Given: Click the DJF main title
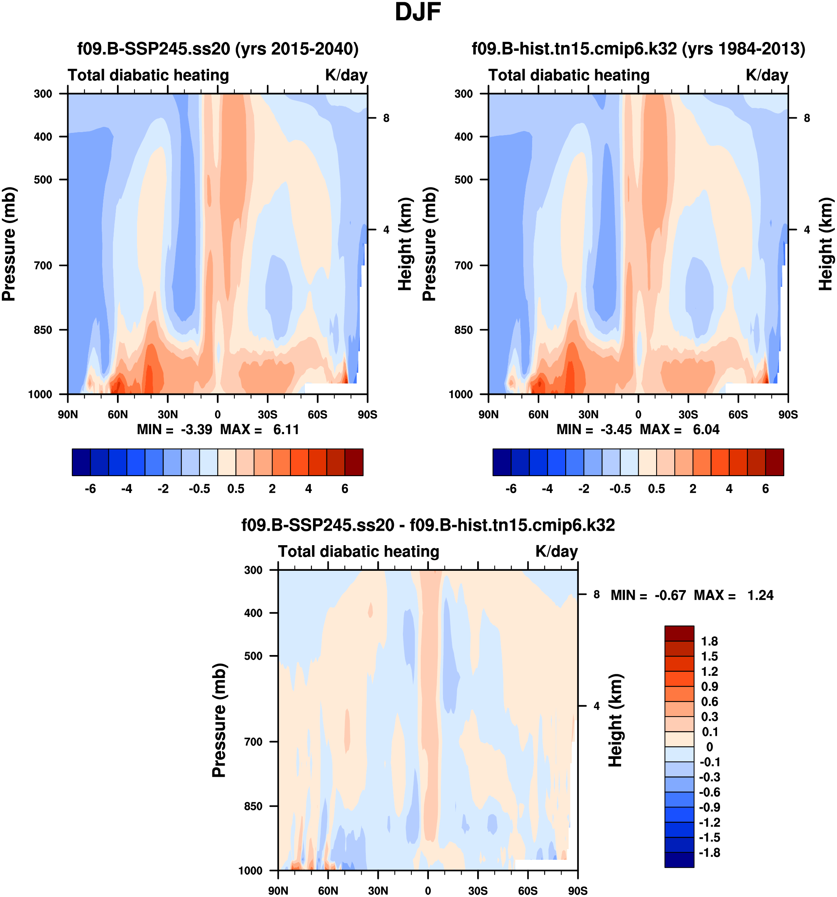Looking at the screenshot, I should coord(418,12).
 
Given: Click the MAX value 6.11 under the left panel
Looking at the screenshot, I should coord(286,429).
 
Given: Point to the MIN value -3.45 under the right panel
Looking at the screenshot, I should coord(616,429).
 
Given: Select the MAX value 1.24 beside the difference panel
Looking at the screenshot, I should coord(760,595).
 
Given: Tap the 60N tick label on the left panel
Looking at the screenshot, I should coord(117,414).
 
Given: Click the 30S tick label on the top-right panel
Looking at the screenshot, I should coord(688,414).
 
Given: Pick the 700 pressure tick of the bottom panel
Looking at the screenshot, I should coord(253,742).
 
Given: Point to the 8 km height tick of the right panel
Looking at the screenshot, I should coord(807,118).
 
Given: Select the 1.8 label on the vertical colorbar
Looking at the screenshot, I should coord(709,641).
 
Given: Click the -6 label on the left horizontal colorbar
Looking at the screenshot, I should coord(90,489).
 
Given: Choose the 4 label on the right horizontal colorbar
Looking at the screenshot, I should coord(729,489).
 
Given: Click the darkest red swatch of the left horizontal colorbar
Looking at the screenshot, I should coord(354,462).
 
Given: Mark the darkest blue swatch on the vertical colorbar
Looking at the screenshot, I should coord(679,860).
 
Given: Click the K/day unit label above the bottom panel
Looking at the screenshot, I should coord(556,551).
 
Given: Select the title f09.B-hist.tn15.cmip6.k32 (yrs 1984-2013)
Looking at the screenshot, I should coord(638,48).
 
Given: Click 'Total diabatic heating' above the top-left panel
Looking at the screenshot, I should coord(149,75).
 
